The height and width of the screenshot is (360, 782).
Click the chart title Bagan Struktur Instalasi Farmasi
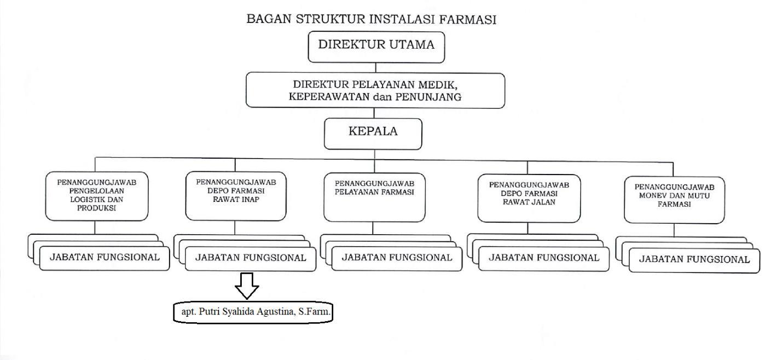pos(372,20)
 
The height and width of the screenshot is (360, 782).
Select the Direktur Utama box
pos(376,47)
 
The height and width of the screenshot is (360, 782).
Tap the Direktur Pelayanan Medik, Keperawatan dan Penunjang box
pos(375,91)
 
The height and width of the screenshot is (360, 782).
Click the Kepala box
pos(373,133)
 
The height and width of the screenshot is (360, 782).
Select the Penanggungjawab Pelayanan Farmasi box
pos(375,197)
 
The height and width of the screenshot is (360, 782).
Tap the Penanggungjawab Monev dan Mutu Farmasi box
pos(674,200)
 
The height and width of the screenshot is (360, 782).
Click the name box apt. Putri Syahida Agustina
pos(253,312)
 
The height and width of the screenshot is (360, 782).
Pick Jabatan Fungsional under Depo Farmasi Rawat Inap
pos(251,259)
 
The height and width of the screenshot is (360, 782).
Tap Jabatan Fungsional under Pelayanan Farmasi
pos(397,258)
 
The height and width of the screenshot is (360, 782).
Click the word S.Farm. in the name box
pos(316,312)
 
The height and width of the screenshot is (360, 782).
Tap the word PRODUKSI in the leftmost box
pos(97,208)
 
